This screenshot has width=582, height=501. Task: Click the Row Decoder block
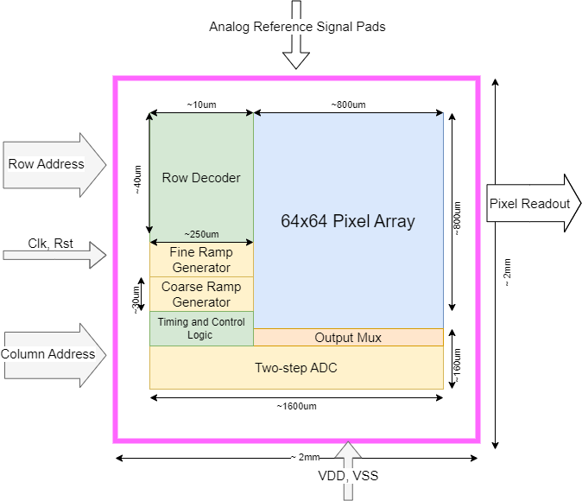(x=201, y=178)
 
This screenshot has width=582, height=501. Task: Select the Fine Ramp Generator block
(x=201, y=260)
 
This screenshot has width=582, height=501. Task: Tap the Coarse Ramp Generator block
(x=201, y=295)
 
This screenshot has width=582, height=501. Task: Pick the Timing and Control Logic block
(x=201, y=328)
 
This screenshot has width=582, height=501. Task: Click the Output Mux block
(x=348, y=337)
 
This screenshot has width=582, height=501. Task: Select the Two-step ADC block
(x=296, y=368)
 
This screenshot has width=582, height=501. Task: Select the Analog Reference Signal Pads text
(x=297, y=27)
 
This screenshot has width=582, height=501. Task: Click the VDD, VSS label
(x=348, y=474)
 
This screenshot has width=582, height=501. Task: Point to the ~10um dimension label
(x=201, y=105)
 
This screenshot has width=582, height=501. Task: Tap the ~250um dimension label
(x=201, y=234)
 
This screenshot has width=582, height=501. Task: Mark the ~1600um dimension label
(x=296, y=405)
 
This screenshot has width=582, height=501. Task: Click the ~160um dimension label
(x=458, y=366)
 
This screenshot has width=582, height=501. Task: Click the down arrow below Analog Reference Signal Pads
(x=296, y=53)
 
